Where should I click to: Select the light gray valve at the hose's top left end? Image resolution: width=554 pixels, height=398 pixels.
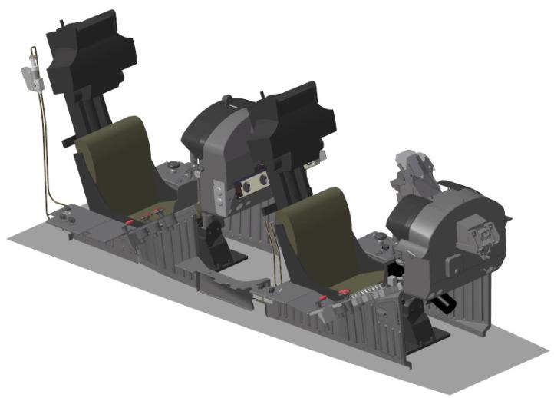tap(31, 73)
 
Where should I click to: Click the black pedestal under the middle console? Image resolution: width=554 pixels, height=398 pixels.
tap(211, 242)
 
